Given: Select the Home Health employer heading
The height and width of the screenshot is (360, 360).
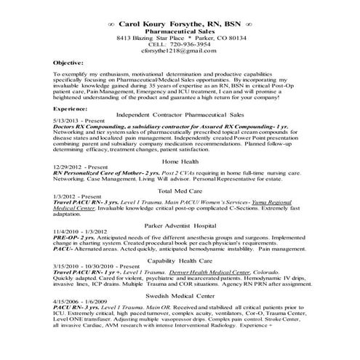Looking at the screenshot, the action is (x=180, y=181).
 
